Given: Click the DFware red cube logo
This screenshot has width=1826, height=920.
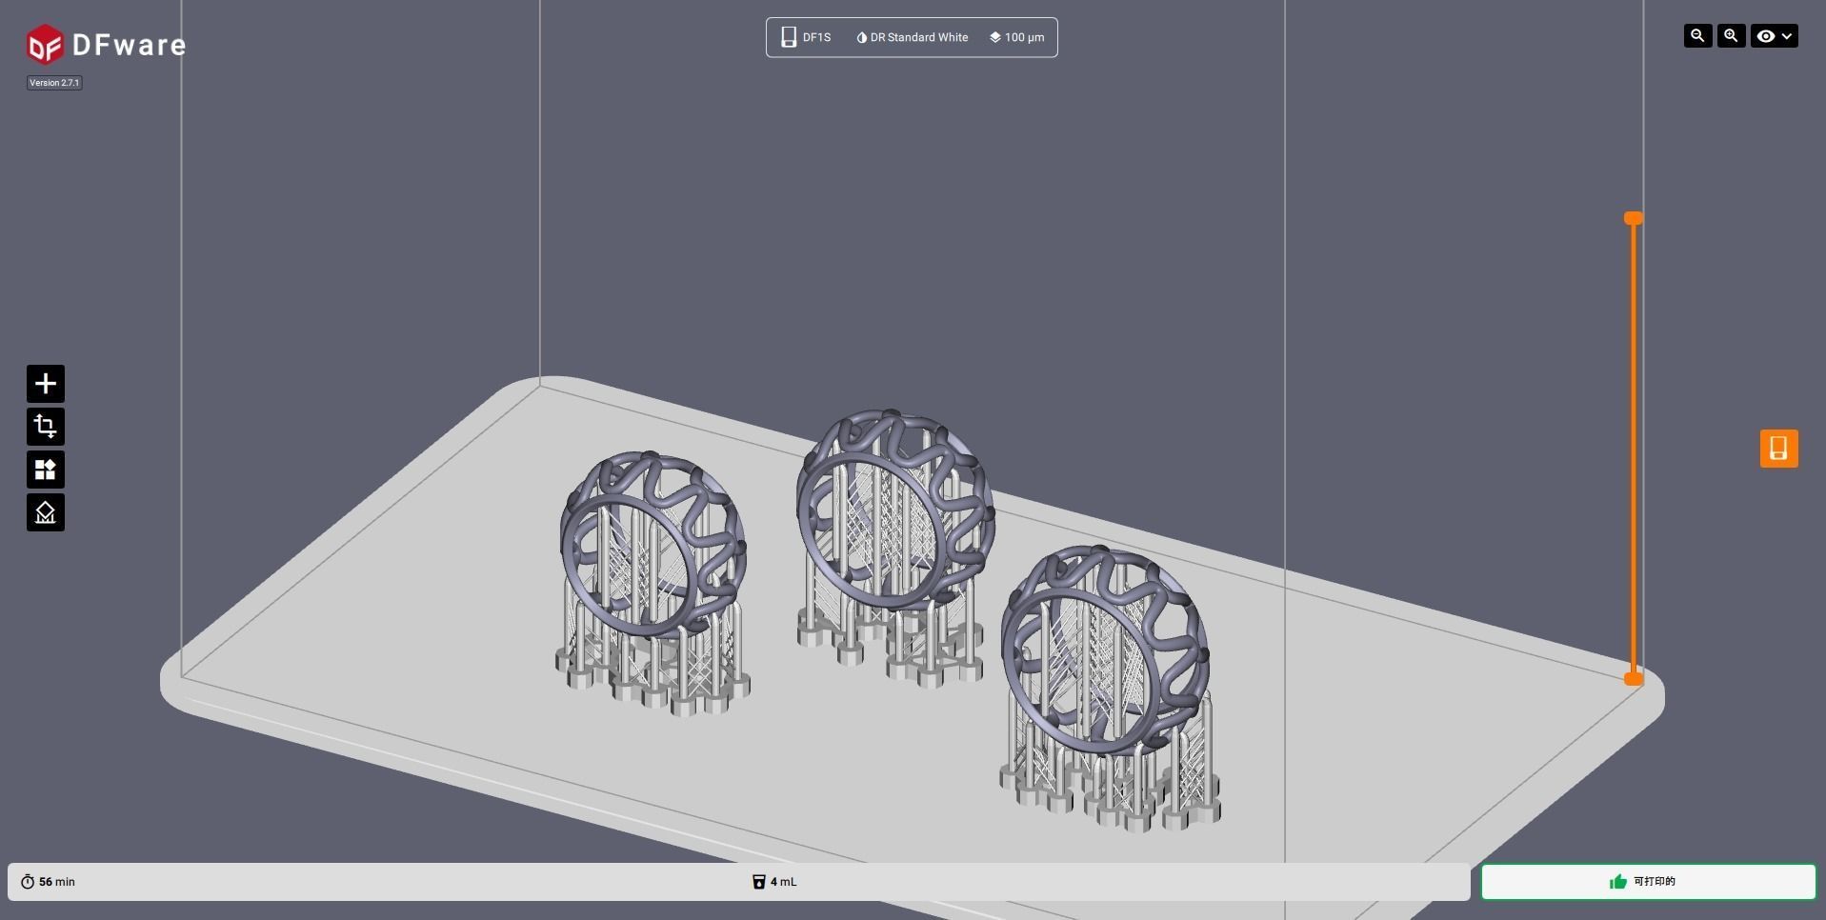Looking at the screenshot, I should coord(45,45).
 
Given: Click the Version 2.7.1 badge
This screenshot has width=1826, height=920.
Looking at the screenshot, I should coord(54,83).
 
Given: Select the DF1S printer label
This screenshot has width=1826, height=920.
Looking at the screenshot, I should coord(806,37).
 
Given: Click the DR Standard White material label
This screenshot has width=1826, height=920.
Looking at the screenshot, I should coord(912,37).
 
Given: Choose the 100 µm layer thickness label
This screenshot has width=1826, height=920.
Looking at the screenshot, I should coord(1016,37).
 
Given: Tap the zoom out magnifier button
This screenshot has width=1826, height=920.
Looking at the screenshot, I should coord(1697,36).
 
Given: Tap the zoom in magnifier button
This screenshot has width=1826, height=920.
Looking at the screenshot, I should coord(1731,36).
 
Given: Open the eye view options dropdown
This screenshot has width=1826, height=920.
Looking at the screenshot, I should coord(1774,36).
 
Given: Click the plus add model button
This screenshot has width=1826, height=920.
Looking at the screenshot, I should coord(46,384).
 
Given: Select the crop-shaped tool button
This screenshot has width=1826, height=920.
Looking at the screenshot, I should coord(46,427).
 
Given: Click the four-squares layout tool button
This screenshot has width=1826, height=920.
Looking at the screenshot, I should coord(46,470).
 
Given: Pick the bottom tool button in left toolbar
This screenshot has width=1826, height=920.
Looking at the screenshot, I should coord(46,512).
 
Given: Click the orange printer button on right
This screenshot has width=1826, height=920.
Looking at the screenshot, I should coord(1778,449).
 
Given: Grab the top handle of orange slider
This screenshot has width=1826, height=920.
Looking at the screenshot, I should coord(1634,219).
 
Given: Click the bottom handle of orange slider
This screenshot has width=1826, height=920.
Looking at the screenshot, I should coord(1634,678).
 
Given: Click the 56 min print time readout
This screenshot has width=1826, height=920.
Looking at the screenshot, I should coord(49,882).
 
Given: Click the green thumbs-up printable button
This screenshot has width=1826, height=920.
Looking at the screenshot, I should coord(1648,882).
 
